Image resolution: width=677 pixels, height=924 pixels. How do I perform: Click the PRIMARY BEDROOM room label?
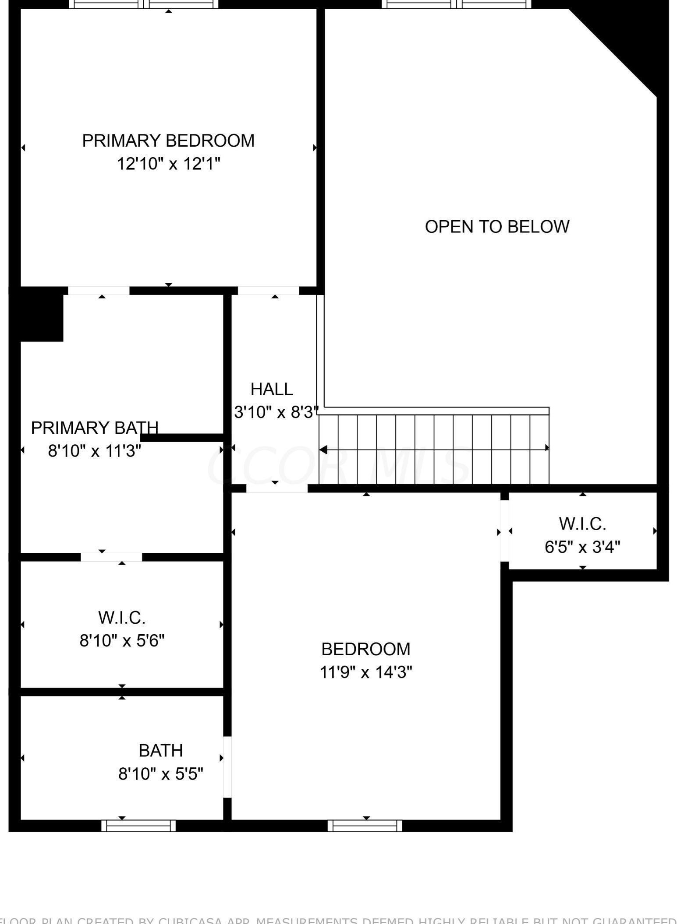[x=168, y=141]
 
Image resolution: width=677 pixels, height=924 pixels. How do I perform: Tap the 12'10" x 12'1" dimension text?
[x=168, y=164]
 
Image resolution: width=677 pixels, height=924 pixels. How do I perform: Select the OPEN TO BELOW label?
[x=497, y=227]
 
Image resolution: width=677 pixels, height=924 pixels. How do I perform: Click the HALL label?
[x=272, y=389]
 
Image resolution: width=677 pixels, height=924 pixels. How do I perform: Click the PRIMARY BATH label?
[x=95, y=428]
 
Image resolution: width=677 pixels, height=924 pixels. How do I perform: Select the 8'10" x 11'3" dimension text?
[x=95, y=451]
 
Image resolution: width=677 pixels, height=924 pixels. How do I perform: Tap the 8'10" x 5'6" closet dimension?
[x=122, y=641]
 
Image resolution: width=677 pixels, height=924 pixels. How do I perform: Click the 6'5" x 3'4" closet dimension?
[x=582, y=547]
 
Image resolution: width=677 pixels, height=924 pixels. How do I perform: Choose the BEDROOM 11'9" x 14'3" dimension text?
[x=366, y=672]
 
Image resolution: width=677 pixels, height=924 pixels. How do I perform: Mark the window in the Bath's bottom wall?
[x=138, y=826]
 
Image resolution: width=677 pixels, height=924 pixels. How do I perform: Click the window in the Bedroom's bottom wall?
[x=365, y=826]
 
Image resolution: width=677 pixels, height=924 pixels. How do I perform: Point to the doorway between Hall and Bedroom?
[x=276, y=488]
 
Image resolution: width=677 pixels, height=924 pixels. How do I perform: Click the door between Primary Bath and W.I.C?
[x=111, y=557]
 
